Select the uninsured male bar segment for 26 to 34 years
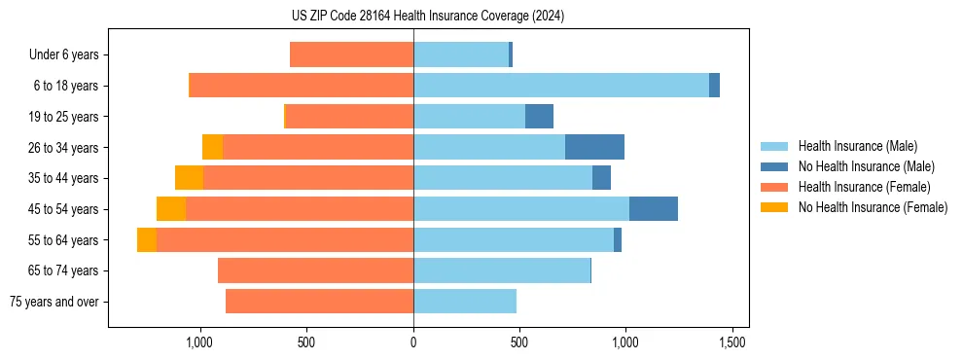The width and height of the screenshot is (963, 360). click(594, 147)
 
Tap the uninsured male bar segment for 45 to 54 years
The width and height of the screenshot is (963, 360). click(653, 209)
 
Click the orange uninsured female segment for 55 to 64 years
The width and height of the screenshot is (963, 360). click(147, 240)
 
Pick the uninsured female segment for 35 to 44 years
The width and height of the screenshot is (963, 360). click(189, 178)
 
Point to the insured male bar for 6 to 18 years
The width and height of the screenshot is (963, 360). click(560, 86)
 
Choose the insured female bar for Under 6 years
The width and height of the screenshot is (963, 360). click(351, 54)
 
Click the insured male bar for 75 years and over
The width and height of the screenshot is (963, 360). click(464, 302)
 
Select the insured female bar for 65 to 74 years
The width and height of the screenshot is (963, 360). click(315, 270)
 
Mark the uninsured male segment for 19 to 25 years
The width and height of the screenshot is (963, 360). click(539, 117)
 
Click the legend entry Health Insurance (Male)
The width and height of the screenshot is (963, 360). click(857, 146)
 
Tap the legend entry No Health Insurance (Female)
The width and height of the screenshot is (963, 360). click(873, 207)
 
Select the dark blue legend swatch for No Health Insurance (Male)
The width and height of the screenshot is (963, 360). click(775, 166)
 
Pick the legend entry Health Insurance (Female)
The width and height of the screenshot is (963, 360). click(863, 187)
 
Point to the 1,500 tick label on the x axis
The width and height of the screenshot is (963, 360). click(731, 342)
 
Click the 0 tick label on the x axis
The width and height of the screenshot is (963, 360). click(413, 342)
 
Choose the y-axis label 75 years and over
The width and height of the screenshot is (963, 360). click(53, 302)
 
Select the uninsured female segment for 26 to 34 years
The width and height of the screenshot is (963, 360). click(212, 147)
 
